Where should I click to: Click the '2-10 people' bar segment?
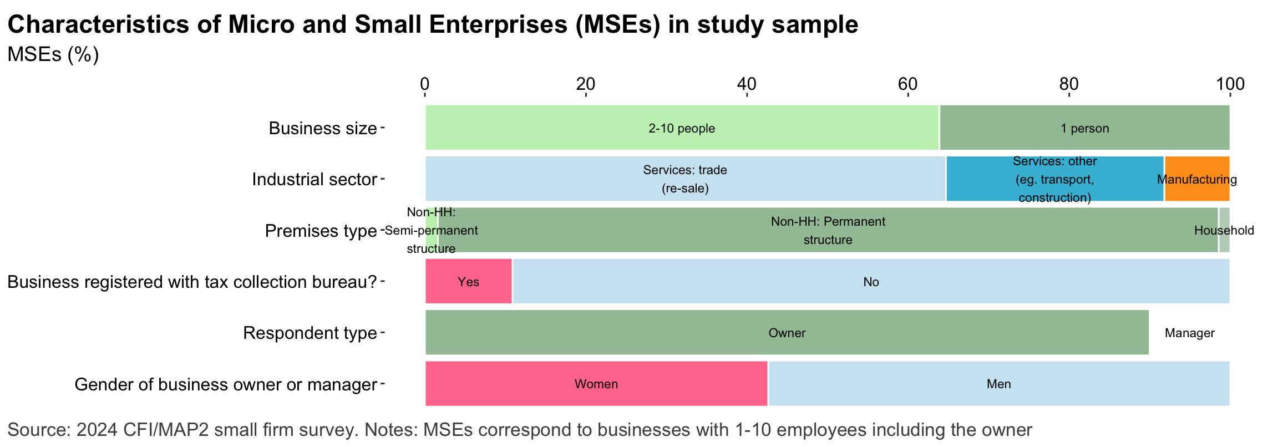(682, 128)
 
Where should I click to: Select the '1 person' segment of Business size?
(1084, 128)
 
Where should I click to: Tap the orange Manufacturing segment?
(1196, 179)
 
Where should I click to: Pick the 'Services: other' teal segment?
(1054, 179)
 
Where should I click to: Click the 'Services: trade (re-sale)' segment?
(685, 179)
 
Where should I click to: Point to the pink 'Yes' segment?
(468, 282)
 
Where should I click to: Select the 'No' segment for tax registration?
(871, 282)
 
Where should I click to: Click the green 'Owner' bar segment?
(787, 333)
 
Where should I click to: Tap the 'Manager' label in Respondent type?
(1189, 333)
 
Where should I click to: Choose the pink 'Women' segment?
(596, 384)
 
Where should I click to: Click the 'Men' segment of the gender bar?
(998, 384)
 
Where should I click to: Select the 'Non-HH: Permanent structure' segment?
(828, 230)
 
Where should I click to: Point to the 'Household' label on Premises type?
(1224, 230)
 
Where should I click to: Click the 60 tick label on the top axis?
(907, 84)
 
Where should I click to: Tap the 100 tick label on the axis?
(1230, 84)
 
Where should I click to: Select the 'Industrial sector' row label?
(314, 179)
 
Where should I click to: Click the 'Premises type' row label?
(320, 230)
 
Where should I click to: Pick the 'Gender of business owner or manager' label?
(225, 384)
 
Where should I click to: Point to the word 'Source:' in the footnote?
(38, 430)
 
